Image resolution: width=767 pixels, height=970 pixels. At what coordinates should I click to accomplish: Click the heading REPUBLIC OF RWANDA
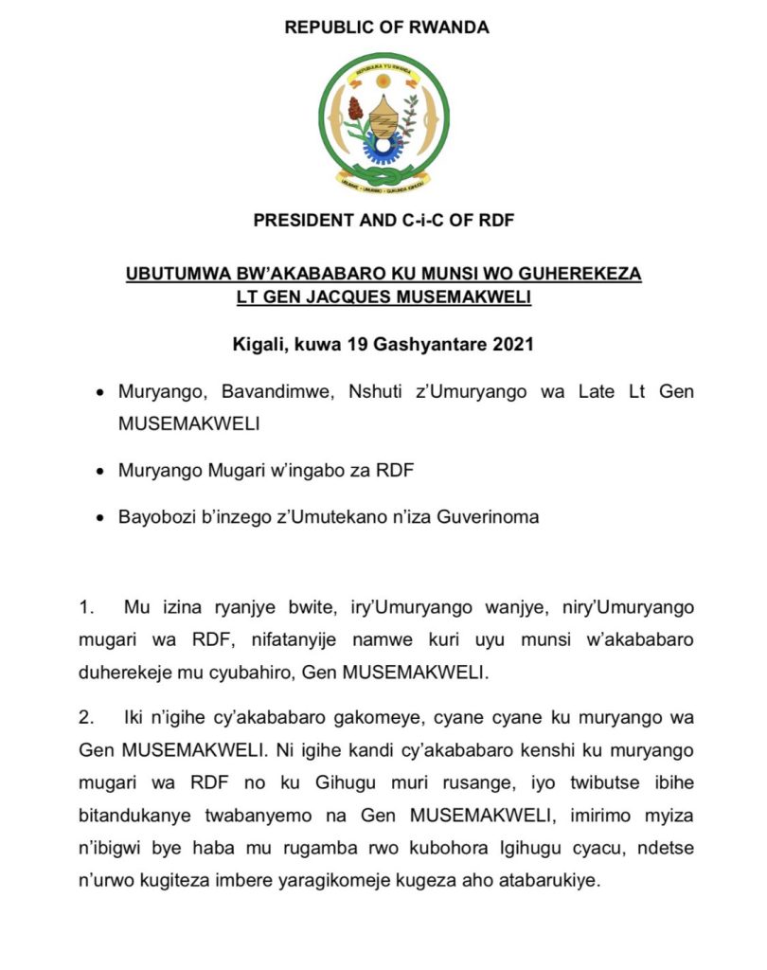click(386, 27)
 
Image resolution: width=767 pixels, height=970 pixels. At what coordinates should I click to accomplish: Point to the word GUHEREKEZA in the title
click(576, 274)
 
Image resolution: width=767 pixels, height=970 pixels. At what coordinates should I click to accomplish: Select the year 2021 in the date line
click(512, 344)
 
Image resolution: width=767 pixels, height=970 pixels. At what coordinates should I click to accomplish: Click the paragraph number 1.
click(86, 606)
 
